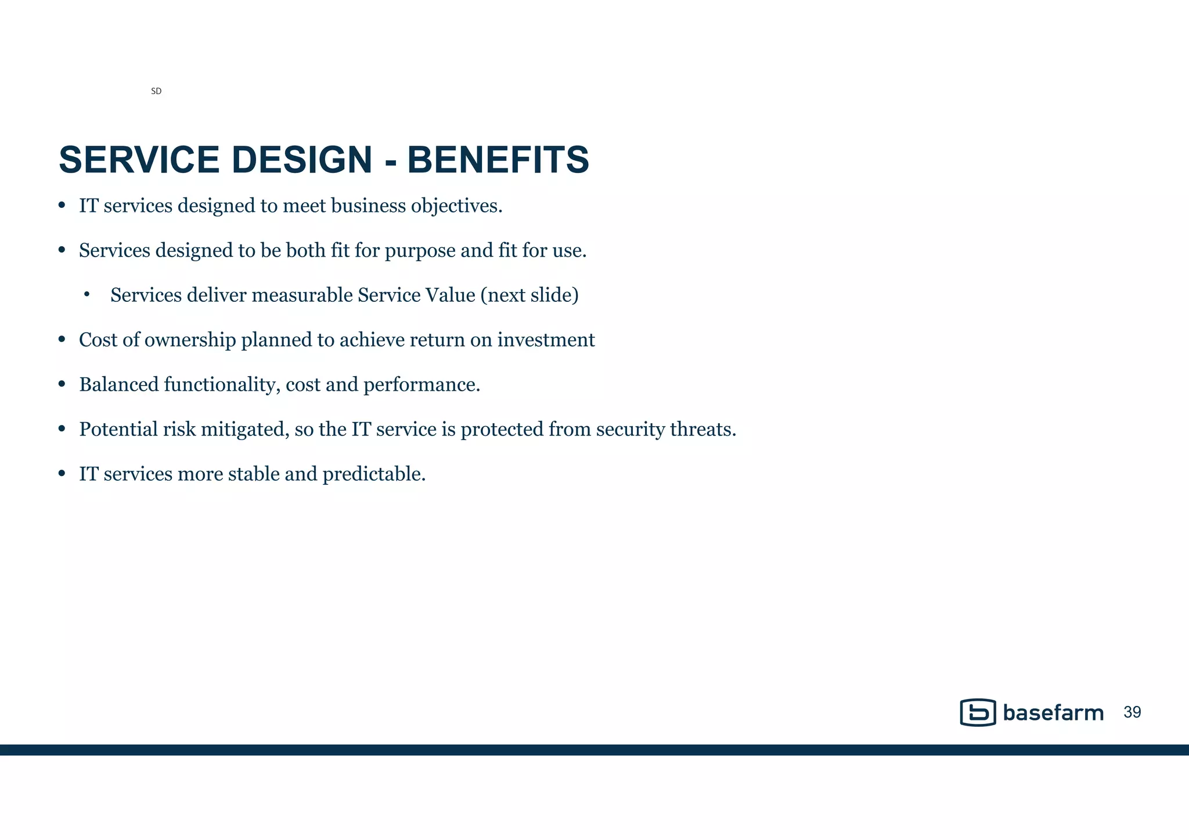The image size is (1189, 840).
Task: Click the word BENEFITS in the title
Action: click(x=498, y=160)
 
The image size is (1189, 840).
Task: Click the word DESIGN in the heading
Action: click(x=301, y=160)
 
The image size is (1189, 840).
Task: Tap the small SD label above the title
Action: click(x=156, y=91)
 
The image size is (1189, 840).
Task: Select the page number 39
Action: click(x=1132, y=712)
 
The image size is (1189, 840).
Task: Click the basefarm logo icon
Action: click(x=978, y=712)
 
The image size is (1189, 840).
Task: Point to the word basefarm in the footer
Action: click(x=1053, y=713)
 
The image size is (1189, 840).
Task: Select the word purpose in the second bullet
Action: click(x=420, y=251)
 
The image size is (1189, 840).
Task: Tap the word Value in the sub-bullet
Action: click(x=450, y=295)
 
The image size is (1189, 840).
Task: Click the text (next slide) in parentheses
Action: click(x=529, y=295)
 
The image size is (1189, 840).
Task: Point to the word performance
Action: click(x=421, y=385)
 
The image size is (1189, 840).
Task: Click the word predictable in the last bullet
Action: click(x=374, y=474)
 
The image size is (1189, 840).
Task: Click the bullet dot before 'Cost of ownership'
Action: click(x=62, y=340)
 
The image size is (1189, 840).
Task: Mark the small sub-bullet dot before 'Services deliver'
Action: click(x=87, y=295)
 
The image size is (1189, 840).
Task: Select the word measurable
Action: click(x=302, y=295)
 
